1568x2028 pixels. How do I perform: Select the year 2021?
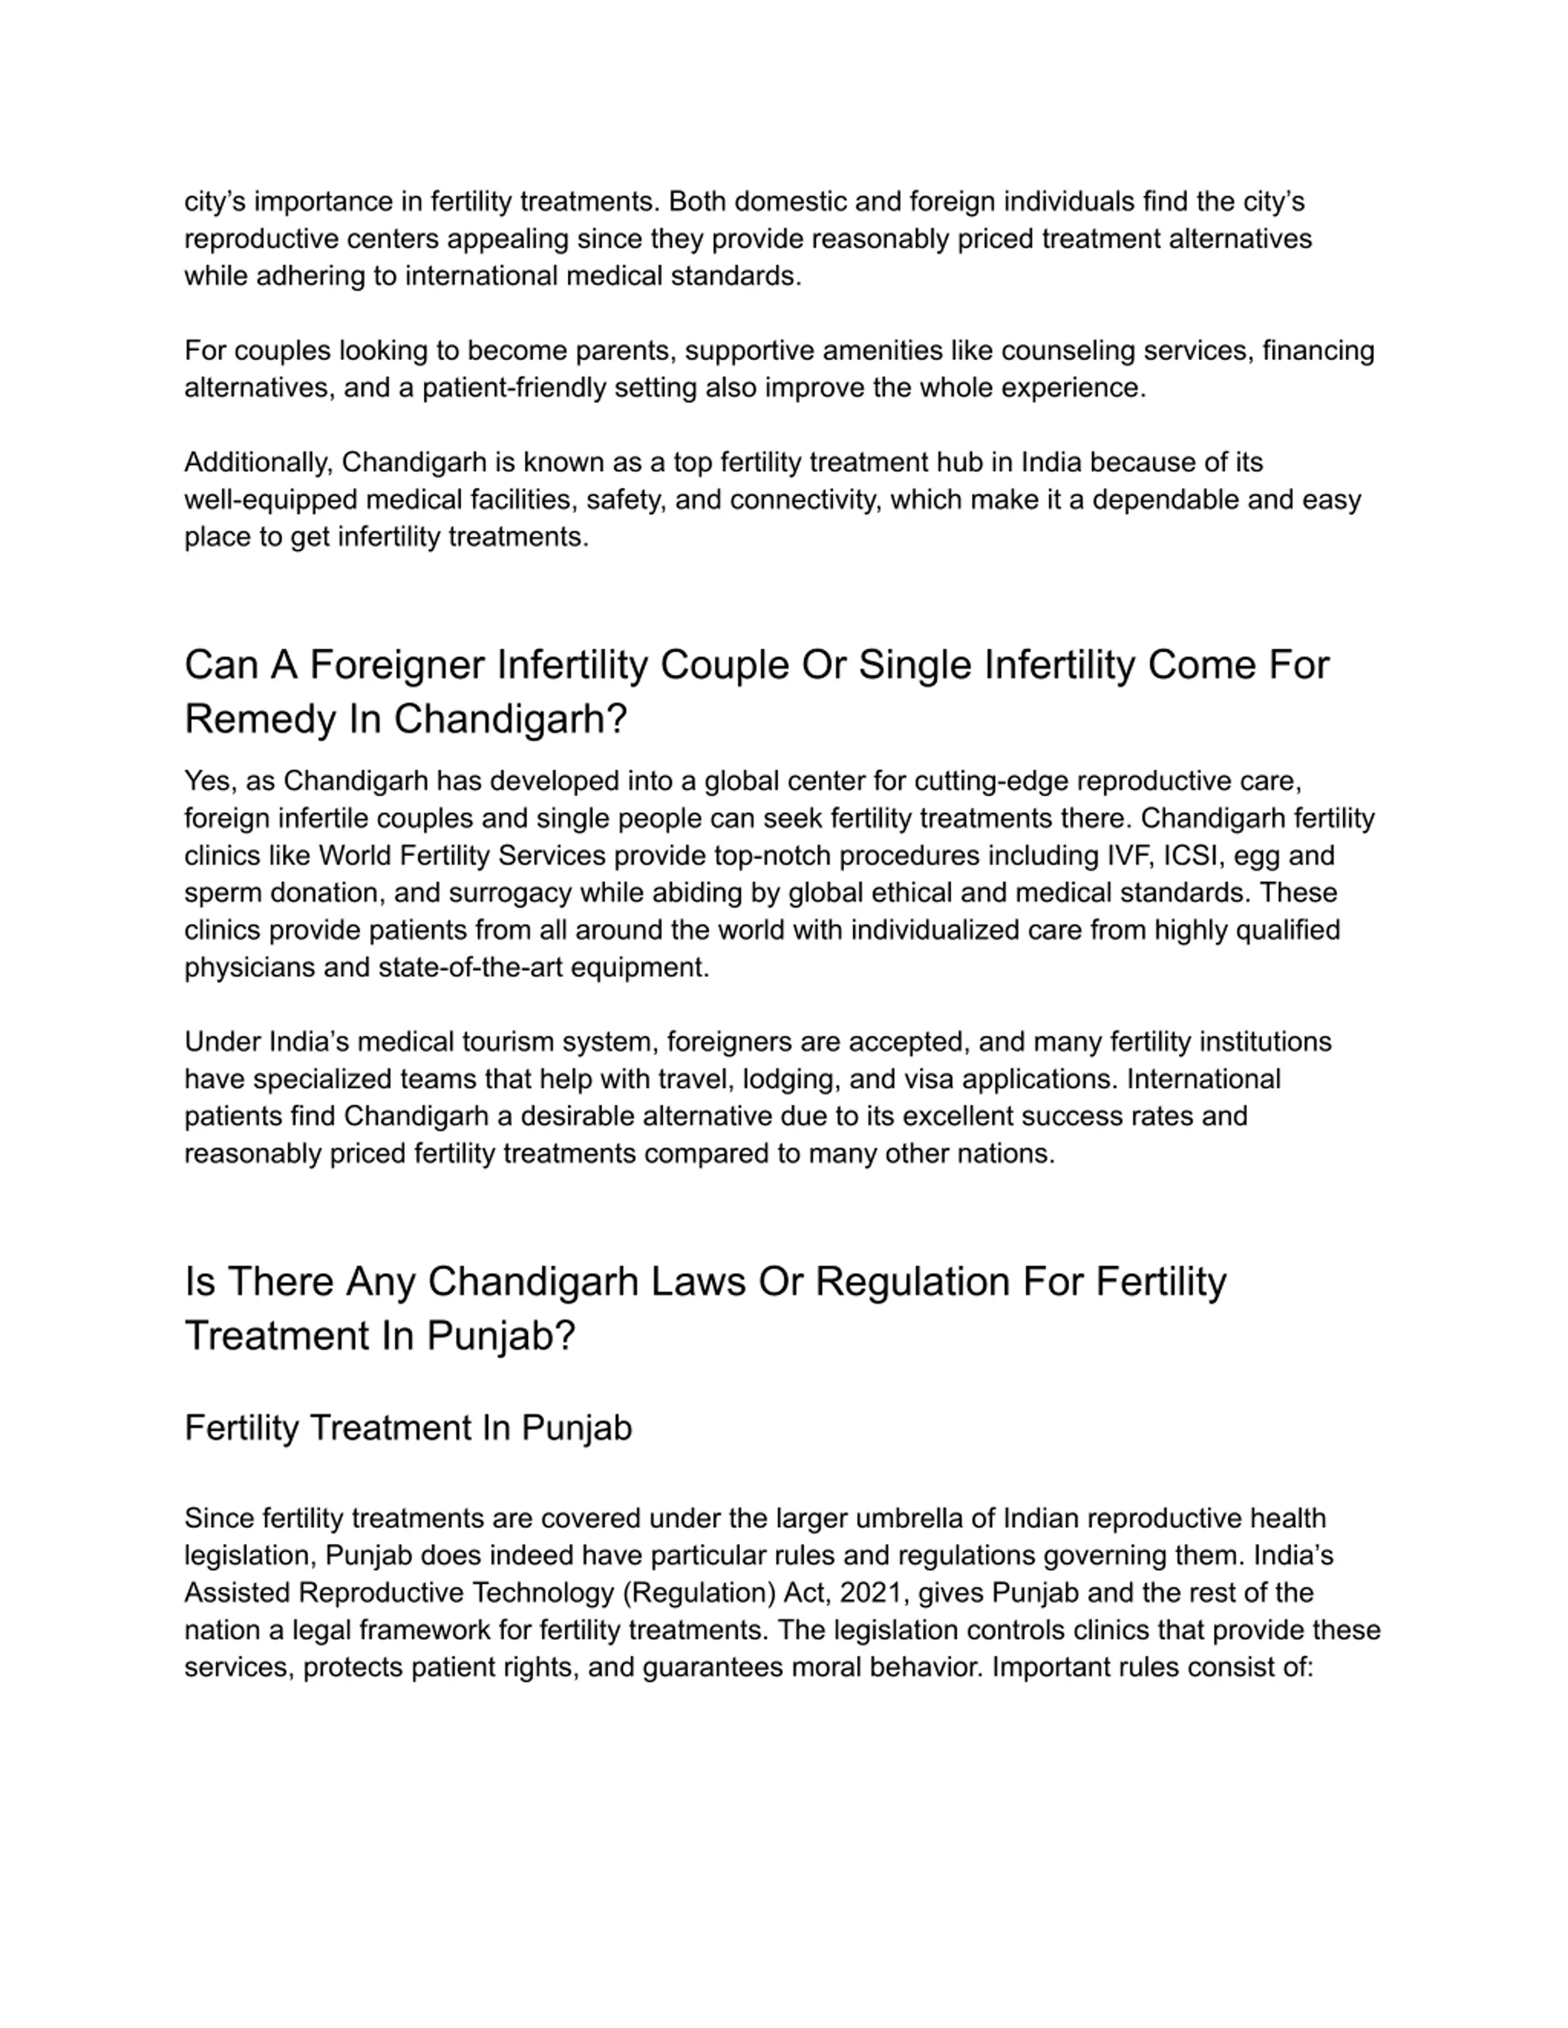point(870,1593)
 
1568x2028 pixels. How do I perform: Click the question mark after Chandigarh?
point(617,720)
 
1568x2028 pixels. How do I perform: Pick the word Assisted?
point(237,1593)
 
